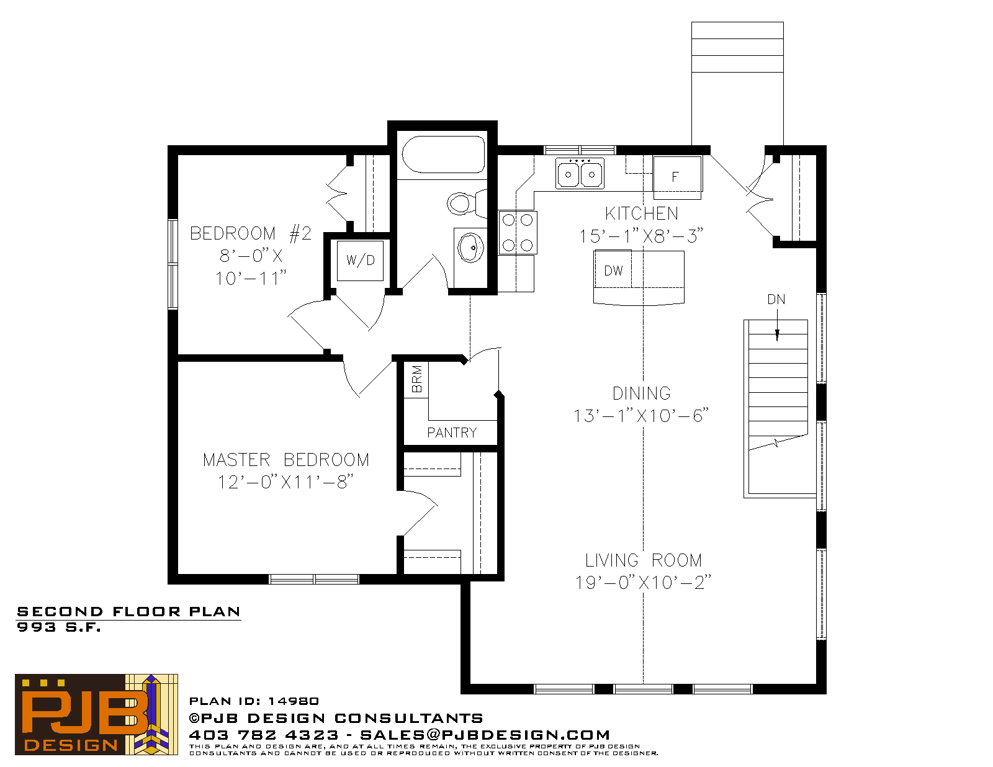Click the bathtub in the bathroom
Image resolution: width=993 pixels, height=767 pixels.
point(443,155)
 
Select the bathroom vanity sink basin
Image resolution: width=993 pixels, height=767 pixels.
point(470,248)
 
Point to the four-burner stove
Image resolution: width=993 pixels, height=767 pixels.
point(518,233)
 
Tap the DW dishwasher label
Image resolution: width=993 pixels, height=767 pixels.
point(613,271)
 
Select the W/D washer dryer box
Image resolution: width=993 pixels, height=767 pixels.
point(360,261)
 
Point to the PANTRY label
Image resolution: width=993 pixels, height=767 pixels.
point(452,433)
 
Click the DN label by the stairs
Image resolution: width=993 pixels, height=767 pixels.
point(776,300)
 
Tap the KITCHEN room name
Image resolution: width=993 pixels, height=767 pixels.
point(642,214)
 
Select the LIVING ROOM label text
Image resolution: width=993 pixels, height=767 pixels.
point(644,560)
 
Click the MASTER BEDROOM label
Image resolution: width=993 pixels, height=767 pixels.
point(286,460)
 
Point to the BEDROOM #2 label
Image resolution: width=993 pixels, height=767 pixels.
point(250,233)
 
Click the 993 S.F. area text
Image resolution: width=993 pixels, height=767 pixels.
point(59,627)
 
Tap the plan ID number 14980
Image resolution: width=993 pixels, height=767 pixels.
point(294,701)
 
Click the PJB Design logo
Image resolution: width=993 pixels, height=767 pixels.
point(96,714)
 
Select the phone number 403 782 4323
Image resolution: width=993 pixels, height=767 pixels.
point(264,735)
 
